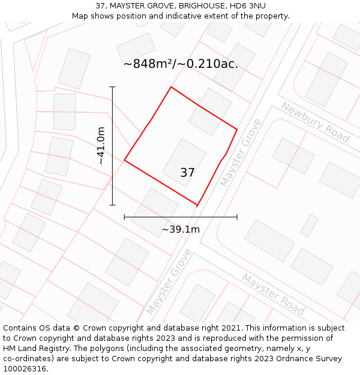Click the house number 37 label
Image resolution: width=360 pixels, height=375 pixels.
(187, 173)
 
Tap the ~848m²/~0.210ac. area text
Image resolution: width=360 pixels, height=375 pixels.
(181, 64)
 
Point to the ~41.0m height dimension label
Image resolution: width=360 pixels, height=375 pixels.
(101, 145)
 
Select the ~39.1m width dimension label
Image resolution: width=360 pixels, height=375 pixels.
(181, 229)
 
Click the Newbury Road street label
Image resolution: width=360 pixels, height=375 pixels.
(315, 122)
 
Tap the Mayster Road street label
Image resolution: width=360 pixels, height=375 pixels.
(273, 294)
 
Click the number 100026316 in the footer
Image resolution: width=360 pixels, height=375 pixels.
(24, 369)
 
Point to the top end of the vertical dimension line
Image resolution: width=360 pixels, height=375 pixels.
(112, 87)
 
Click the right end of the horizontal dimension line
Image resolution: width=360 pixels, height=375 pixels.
(237, 217)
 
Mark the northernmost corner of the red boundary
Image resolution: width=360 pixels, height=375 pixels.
(171, 87)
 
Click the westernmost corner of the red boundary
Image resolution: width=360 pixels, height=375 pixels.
(124, 160)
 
